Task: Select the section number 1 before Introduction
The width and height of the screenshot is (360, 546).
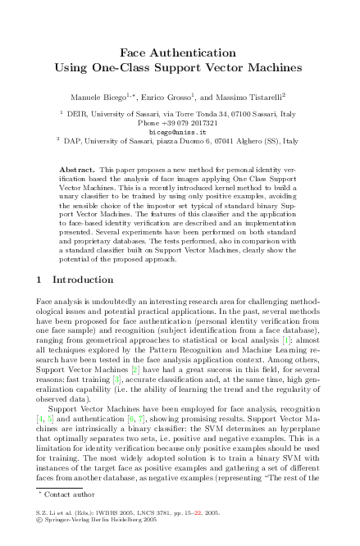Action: pyautogui.click(x=39, y=280)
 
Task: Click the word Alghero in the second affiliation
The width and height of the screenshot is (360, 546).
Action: pyautogui.click(x=231, y=140)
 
